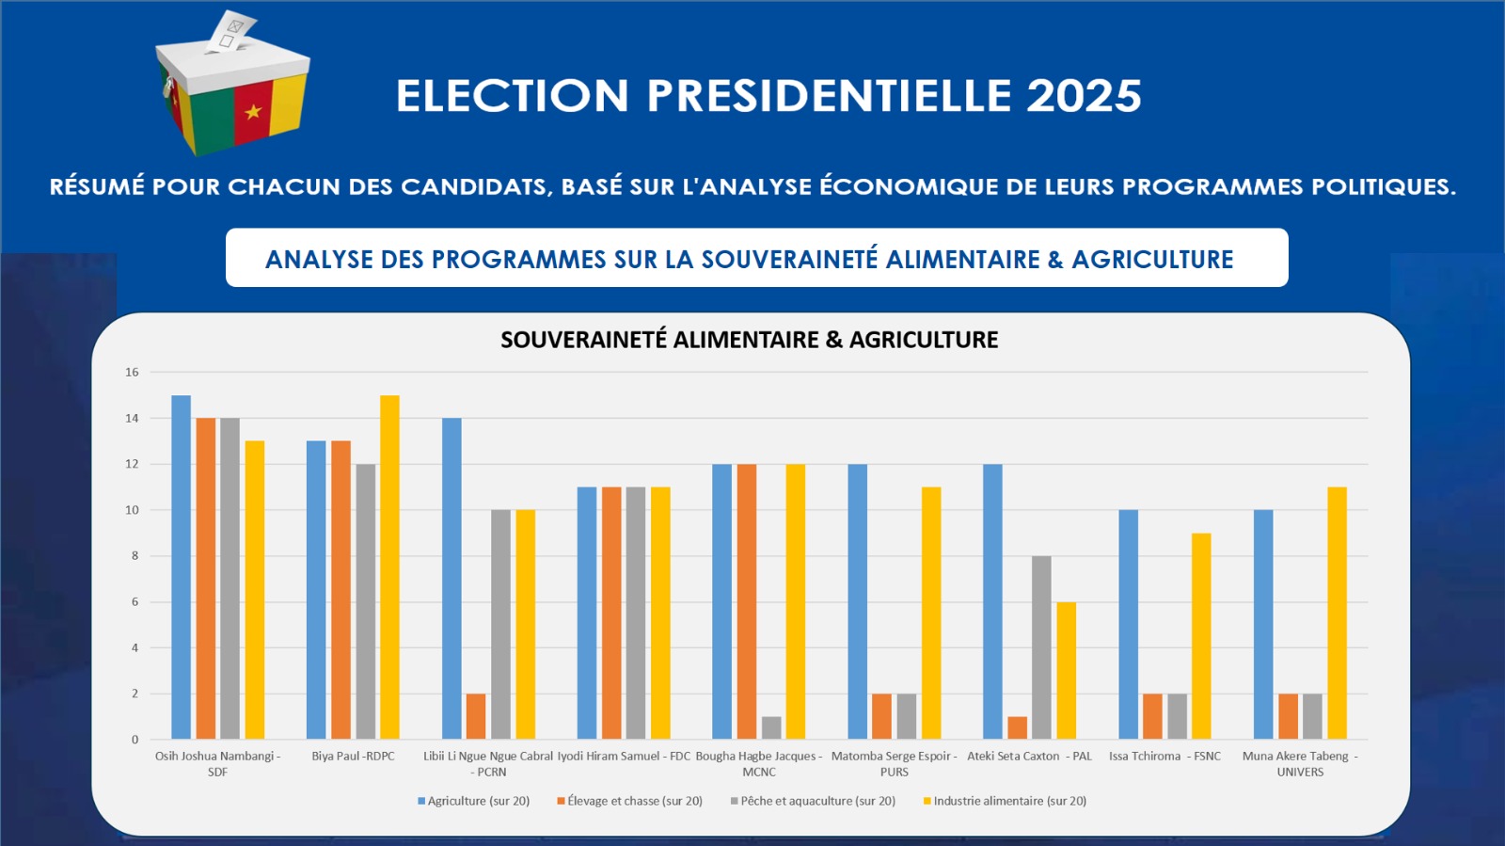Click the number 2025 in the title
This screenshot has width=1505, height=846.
tap(1084, 96)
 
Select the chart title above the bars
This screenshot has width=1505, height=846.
tap(749, 340)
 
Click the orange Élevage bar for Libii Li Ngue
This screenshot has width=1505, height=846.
tap(476, 716)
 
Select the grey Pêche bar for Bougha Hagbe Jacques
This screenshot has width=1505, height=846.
tap(771, 727)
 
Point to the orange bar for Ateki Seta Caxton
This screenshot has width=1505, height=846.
tap(1017, 727)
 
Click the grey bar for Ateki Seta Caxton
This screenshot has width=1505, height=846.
tap(1041, 647)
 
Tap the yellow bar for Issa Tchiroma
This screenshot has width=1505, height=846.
tap(1201, 636)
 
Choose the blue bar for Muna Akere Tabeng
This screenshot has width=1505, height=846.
tap(1263, 625)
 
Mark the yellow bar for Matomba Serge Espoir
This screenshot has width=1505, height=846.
tap(931, 613)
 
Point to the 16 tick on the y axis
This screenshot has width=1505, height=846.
tap(132, 373)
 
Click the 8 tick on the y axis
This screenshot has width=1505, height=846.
tap(135, 556)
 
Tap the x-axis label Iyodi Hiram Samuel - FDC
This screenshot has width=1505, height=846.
tap(624, 757)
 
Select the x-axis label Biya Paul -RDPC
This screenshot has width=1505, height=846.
tap(353, 757)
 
